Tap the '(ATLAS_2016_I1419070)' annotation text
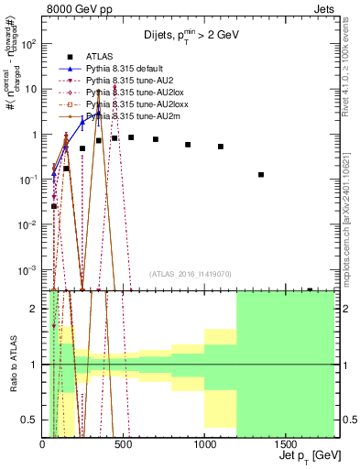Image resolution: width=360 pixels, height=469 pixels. (x=189, y=273)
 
